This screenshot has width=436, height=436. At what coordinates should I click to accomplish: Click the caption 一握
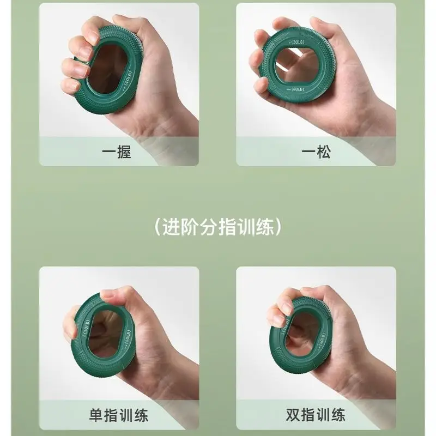point(117,151)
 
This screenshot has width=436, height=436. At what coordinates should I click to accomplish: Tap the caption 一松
point(316,151)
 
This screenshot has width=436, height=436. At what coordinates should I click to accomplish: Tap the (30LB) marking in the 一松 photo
point(297,42)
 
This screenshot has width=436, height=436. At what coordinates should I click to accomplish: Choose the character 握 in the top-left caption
point(124,151)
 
